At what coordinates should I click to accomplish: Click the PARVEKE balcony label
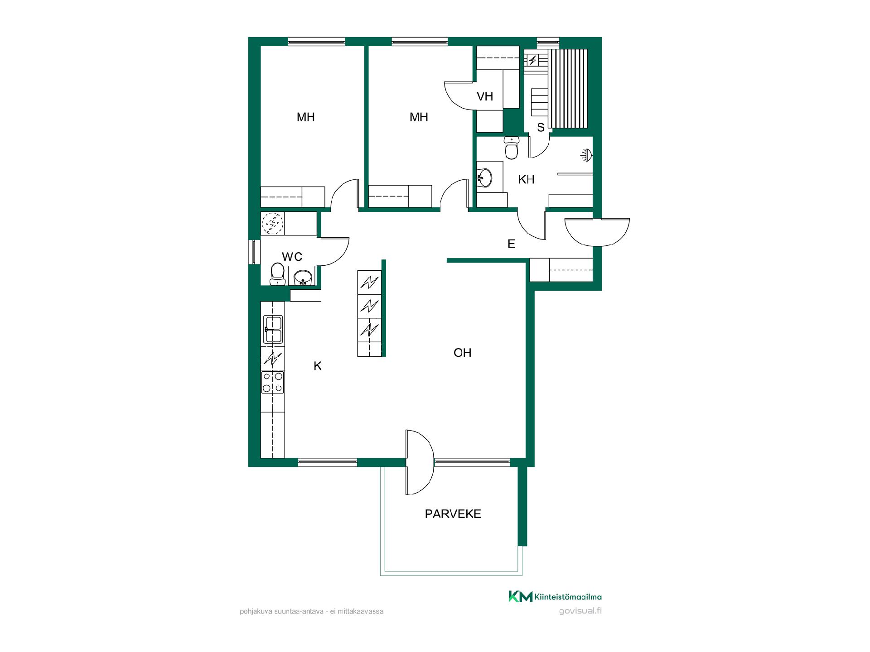click(x=453, y=514)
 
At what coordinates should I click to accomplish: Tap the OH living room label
click(x=462, y=353)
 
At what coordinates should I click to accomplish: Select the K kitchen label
click(x=318, y=366)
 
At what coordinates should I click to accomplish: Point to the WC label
click(x=292, y=257)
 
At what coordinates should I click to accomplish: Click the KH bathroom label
click(x=526, y=180)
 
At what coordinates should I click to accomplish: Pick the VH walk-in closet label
click(x=485, y=96)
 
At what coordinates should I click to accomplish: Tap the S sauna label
click(x=541, y=128)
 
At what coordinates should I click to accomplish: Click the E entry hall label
click(x=511, y=244)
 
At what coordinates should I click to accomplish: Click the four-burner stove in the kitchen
click(x=273, y=382)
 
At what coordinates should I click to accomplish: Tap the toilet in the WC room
click(x=277, y=274)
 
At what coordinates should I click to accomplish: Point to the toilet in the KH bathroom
click(x=512, y=149)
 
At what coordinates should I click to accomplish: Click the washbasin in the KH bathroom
click(x=484, y=177)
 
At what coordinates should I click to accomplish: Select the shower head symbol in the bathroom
click(x=587, y=155)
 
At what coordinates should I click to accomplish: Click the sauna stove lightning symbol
click(x=532, y=60)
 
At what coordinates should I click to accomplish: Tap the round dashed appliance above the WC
click(x=272, y=224)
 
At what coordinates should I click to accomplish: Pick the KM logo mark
click(x=520, y=597)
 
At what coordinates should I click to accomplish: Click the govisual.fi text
click(x=580, y=611)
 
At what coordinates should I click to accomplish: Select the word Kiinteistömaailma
click(x=568, y=597)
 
